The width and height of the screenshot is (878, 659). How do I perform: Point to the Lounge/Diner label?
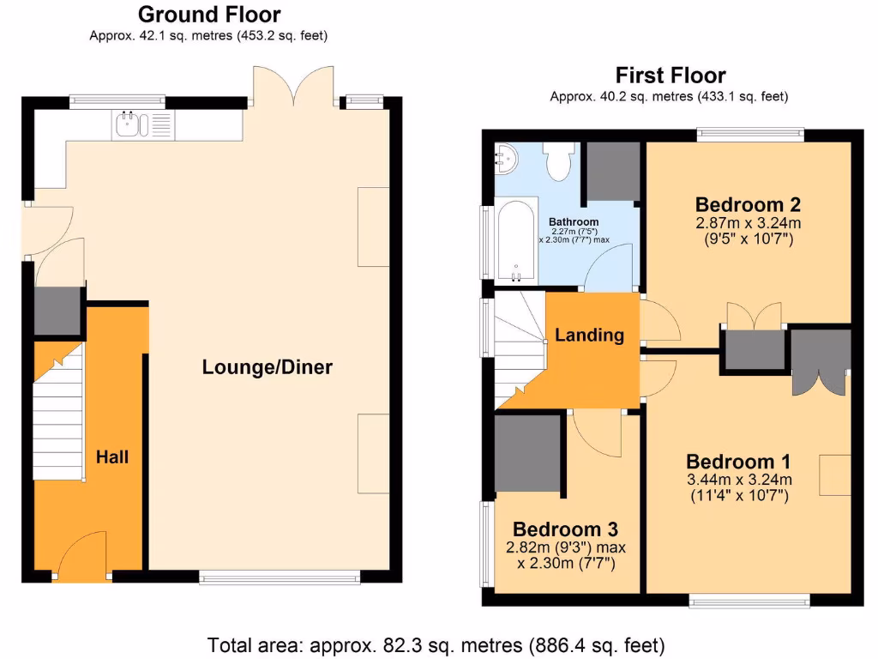(267, 367)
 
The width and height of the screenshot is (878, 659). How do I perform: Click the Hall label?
(111, 456)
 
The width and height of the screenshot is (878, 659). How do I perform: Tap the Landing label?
(589, 335)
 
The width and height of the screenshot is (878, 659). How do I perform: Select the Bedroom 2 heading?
(748, 204)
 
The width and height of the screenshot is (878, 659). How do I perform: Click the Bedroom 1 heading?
(738, 460)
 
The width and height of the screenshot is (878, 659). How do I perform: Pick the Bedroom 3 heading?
(565, 529)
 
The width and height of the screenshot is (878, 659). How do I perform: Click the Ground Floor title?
(208, 15)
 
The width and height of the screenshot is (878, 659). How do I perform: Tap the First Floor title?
(670, 76)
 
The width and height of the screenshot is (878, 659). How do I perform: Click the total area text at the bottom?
(436, 644)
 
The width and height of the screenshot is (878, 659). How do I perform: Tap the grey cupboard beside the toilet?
(612, 171)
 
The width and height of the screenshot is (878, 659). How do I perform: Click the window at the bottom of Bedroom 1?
(749, 600)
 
